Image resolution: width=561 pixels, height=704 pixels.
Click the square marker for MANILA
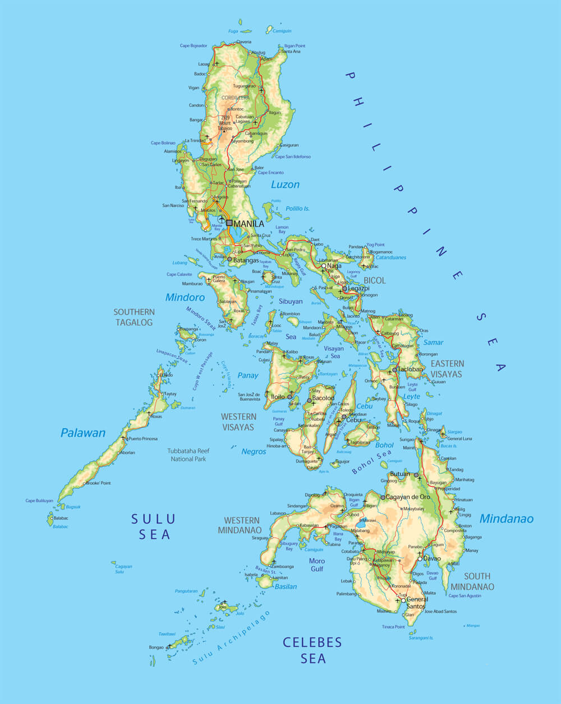229,223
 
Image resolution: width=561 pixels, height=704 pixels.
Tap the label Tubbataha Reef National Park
188,455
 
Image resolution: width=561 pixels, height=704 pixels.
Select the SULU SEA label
154,526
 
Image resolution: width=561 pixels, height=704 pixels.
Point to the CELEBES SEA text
312,650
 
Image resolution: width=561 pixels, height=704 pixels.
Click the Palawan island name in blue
83,433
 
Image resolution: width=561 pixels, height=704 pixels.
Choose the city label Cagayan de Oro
408,497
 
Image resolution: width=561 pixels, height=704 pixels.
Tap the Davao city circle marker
420,559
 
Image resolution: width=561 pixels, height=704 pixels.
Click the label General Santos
417,603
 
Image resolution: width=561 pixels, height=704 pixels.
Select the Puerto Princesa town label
142,439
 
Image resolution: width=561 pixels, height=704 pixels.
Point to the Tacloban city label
411,369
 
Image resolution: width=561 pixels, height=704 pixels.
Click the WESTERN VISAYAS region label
238,422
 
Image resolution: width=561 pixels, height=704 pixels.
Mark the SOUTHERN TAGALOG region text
134,317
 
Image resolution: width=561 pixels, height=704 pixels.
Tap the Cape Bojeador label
194,45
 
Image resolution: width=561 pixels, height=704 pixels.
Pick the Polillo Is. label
297,209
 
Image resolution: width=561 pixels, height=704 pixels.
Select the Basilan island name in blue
286,586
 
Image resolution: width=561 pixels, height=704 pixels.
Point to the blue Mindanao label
506,518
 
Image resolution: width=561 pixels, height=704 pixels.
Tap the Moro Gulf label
316,564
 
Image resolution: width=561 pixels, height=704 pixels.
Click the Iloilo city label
278,397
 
